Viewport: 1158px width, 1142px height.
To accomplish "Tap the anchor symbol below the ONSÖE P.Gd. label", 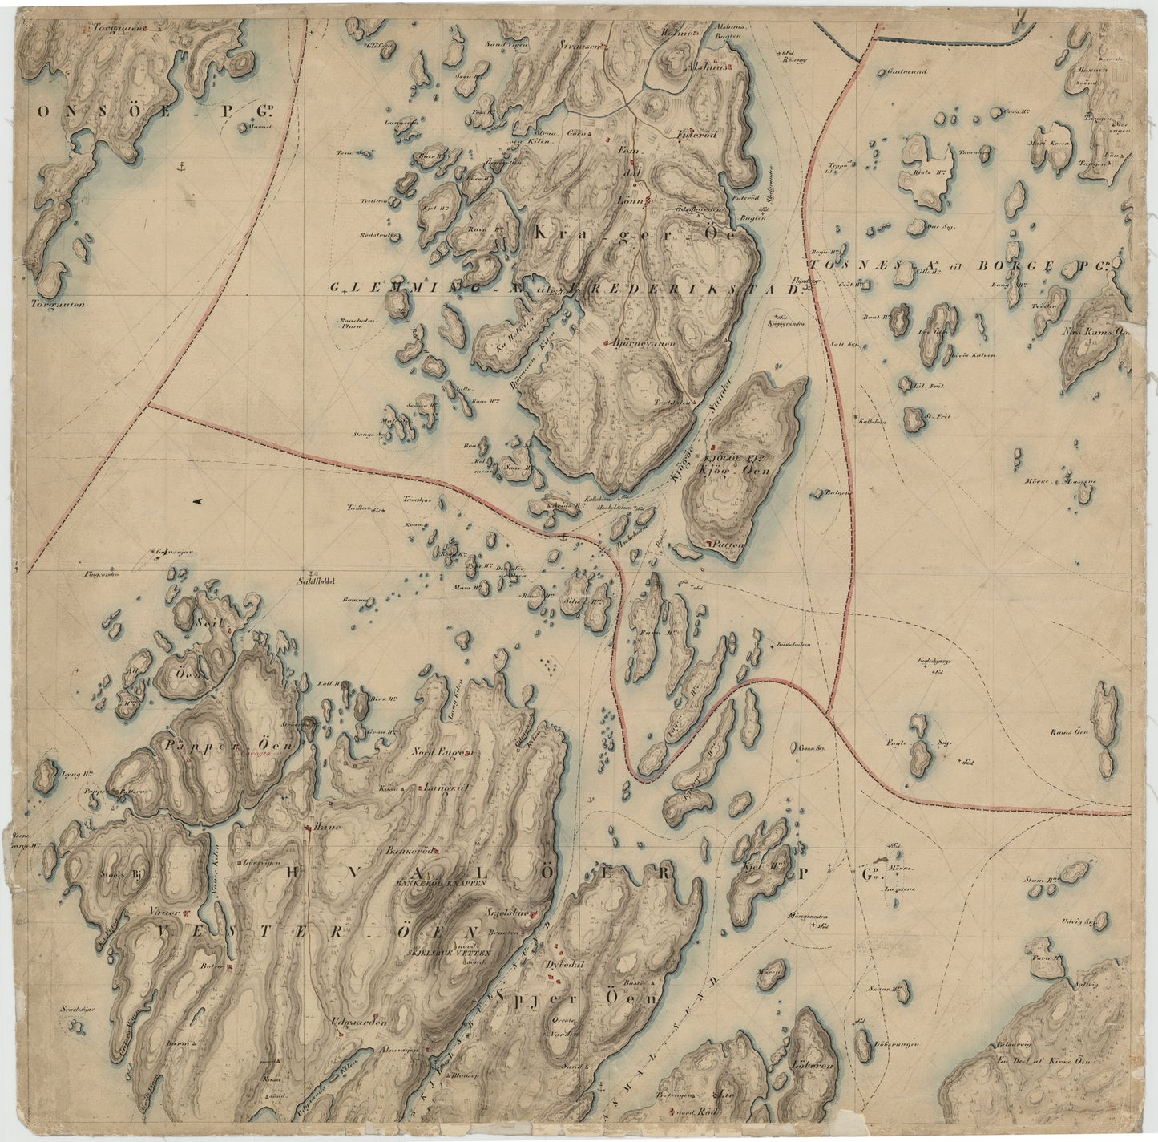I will click(x=180, y=166).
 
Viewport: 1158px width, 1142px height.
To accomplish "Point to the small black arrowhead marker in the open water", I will click(x=197, y=502).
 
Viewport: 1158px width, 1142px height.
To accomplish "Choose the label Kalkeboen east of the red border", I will click(x=871, y=420).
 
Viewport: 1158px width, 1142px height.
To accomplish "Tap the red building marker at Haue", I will click(x=309, y=827).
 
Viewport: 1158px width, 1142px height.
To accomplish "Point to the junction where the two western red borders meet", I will click(x=149, y=405).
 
